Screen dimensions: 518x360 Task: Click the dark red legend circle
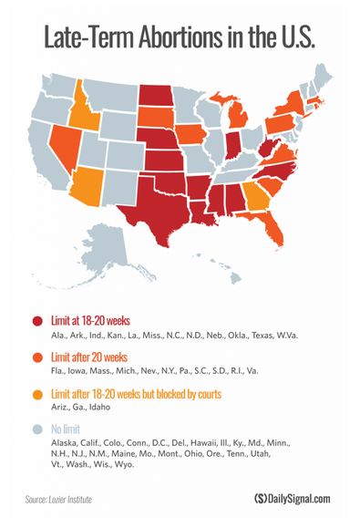(37, 321)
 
